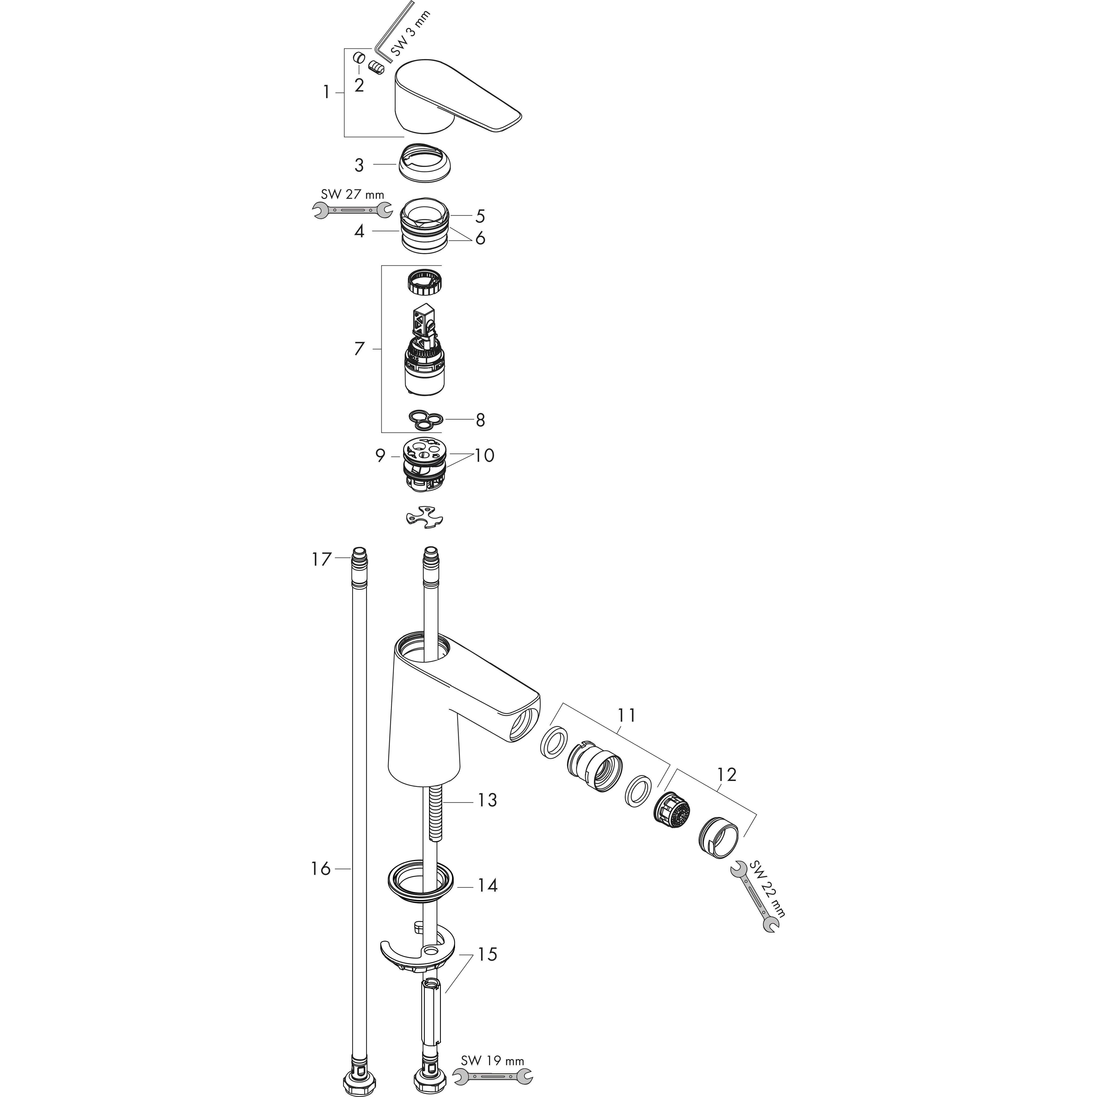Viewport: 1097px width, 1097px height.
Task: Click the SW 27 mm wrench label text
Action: pos(352,194)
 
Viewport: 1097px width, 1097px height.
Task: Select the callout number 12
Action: pos(727,775)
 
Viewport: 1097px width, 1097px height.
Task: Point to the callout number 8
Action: pos(480,420)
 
